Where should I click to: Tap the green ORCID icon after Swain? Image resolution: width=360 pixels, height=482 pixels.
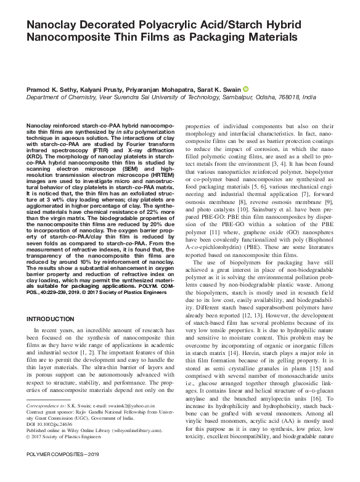(x=245, y=89)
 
